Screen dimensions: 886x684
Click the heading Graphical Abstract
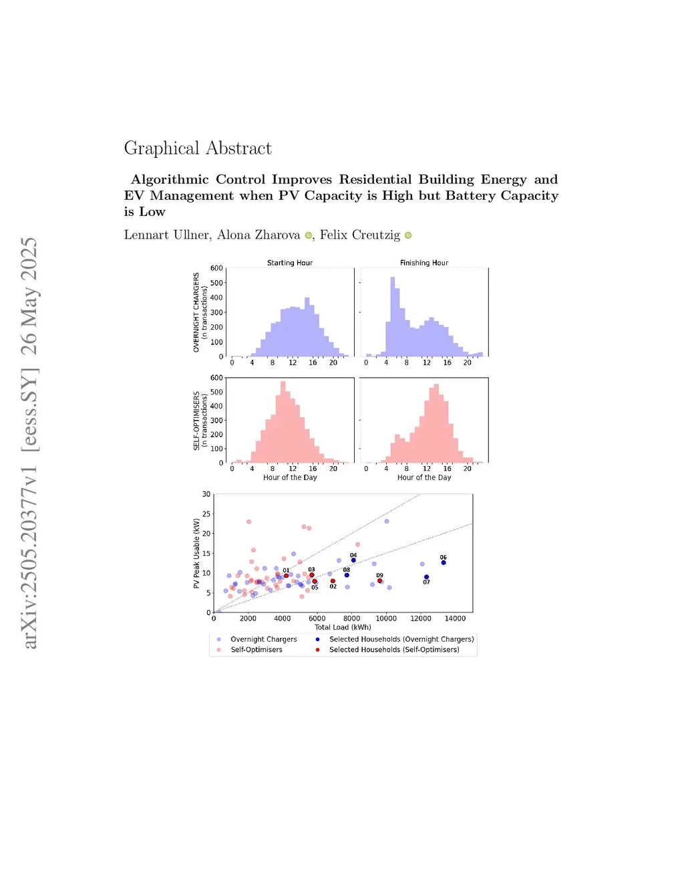[198, 148]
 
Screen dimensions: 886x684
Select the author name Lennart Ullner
[166, 235]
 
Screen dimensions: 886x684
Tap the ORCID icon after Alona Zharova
[309, 235]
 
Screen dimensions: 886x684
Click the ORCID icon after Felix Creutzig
[408, 235]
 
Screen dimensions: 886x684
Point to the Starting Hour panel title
[290, 263]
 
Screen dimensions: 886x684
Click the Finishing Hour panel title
[424, 263]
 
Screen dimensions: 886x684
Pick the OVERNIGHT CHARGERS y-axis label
[196, 312]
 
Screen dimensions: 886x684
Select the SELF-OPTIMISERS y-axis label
[196, 421]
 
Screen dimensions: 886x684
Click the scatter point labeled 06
[444, 562]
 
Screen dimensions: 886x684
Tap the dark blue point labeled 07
[426, 577]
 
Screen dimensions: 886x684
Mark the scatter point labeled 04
[353, 560]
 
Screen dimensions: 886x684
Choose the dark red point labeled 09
[379, 580]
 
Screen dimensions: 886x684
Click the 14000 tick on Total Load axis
[456, 619]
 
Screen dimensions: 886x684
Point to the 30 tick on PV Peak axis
[206, 494]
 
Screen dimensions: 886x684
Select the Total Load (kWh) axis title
[343, 627]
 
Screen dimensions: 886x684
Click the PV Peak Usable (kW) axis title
[196, 553]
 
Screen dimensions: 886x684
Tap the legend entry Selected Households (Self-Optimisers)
[394, 649]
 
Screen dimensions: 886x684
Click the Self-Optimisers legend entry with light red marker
[256, 649]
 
